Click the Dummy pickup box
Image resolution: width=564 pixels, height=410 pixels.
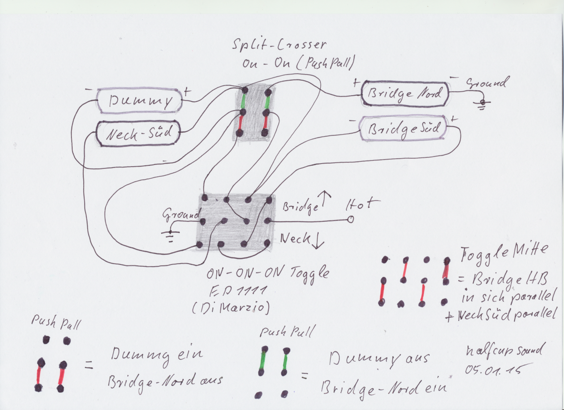(x=139, y=101)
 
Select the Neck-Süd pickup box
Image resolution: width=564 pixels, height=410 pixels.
(x=138, y=133)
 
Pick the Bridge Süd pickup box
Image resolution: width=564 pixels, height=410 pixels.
(x=404, y=128)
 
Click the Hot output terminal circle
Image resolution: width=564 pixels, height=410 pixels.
(x=350, y=219)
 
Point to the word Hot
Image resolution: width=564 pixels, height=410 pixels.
(x=363, y=204)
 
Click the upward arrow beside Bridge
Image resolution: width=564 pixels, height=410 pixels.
(x=325, y=199)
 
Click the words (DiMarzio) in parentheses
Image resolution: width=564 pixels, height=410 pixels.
(x=231, y=308)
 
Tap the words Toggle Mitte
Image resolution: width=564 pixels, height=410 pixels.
(x=504, y=253)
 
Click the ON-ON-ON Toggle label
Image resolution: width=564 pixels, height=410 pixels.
(x=267, y=273)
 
